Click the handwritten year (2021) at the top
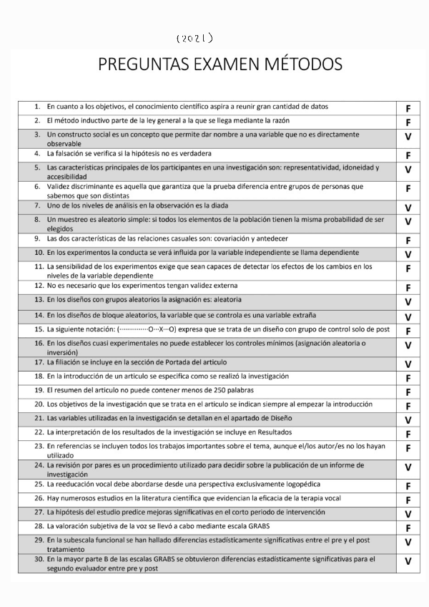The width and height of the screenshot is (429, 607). (194, 38)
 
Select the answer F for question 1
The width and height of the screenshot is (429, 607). (408, 109)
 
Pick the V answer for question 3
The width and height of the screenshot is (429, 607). (408, 137)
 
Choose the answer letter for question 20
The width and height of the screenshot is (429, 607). (408, 406)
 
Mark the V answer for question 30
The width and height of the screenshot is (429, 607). (408, 562)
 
